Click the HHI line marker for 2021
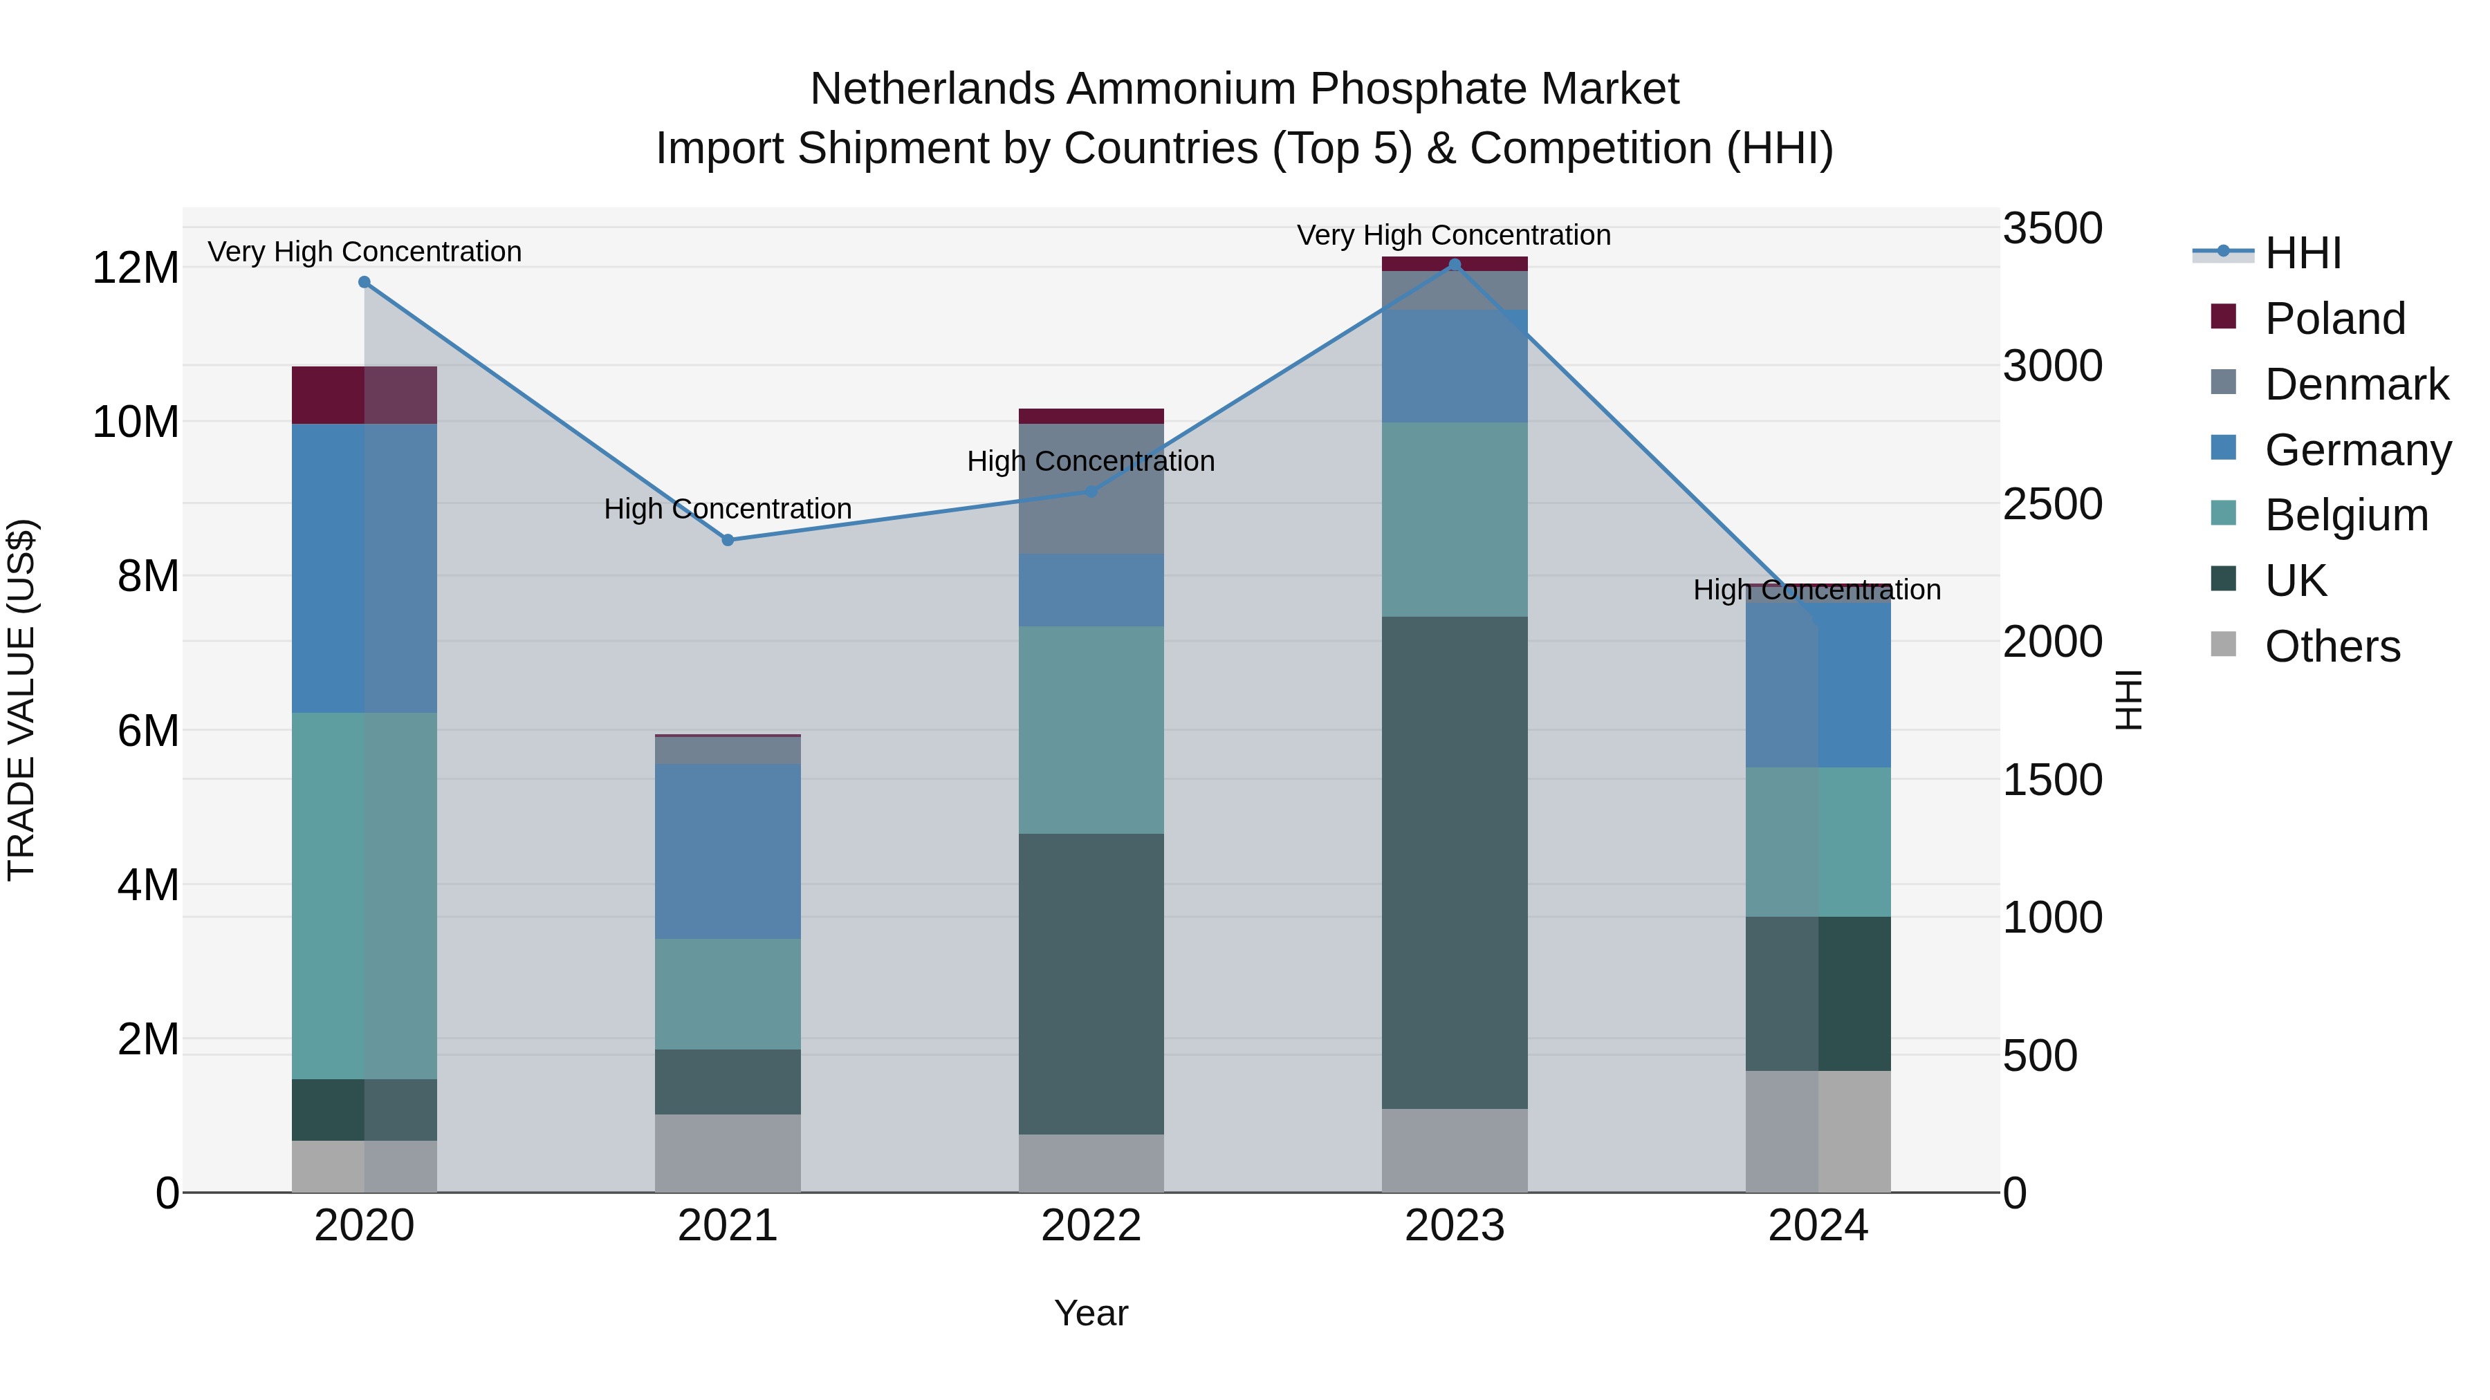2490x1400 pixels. (x=728, y=540)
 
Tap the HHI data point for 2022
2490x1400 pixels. (x=1091, y=491)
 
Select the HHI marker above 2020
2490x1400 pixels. (x=365, y=282)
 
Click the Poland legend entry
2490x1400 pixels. (x=2334, y=319)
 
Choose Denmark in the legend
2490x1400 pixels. (x=2356, y=384)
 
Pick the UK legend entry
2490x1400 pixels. (x=2295, y=581)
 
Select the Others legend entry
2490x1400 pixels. (x=2332, y=646)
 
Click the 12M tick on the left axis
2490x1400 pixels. (x=136, y=268)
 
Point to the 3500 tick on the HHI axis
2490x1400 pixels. (x=2052, y=229)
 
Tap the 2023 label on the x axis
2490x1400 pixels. (x=1455, y=1226)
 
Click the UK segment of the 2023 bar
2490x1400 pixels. (x=1455, y=862)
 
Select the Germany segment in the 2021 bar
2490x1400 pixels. (x=728, y=851)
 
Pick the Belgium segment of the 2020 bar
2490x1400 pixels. (x=365, y=895)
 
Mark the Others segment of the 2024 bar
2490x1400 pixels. (x=1818, y=1131)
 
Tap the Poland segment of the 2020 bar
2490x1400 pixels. (x=365, y=395)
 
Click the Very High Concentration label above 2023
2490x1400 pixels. (x=1454, y=236)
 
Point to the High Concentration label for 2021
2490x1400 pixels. (x=728, y=509)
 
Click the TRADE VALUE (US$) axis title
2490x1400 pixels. (x=21, y=700)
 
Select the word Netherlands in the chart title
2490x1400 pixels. (x=934, y=89)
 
